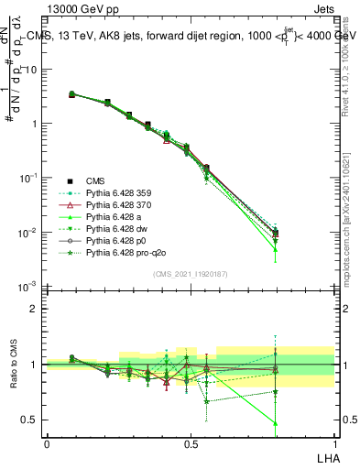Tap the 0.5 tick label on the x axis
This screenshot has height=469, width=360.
[x=190, y=442]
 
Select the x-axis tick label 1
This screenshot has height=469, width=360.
[x=333, y=442]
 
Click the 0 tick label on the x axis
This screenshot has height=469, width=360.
[x=47, y=442]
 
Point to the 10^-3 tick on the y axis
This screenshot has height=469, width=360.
[x=29, y=288]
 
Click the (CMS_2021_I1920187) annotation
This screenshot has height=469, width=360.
[x=190, y=274]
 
